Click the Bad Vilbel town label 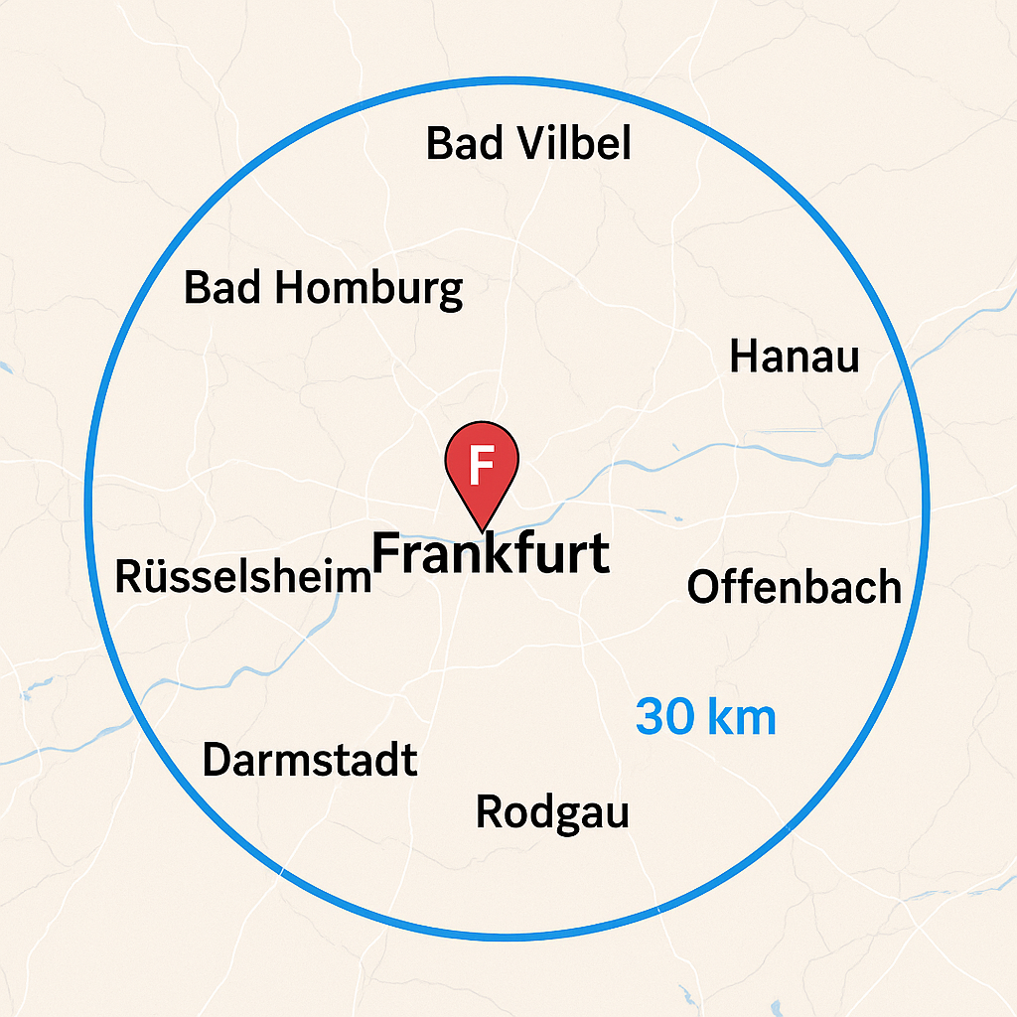528,144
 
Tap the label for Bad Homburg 324,289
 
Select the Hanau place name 794,357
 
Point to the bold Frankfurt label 491,552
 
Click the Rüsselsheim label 243,576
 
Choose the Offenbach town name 794,587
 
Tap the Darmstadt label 309,761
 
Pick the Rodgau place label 552,811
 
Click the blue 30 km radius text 705,716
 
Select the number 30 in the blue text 663,716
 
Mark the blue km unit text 742,716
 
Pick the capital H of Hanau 742,357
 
